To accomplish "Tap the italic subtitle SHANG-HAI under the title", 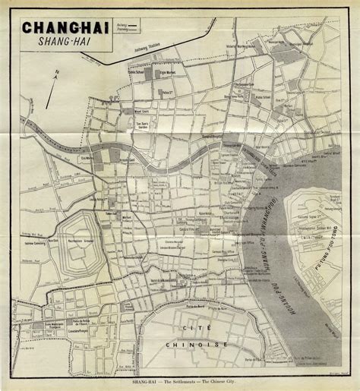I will pos(65,43).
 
